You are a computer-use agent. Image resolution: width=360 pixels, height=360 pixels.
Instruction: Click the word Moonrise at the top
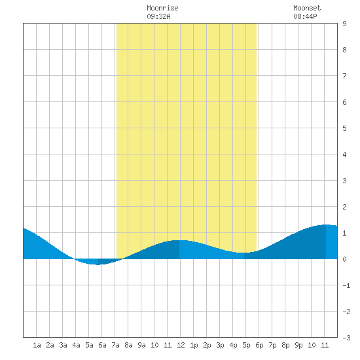[x=162, y=8]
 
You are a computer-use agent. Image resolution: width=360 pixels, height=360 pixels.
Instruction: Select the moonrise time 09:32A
[x=158, y=16]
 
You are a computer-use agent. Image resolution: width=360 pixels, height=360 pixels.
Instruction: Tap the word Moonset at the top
[x=307, y=8]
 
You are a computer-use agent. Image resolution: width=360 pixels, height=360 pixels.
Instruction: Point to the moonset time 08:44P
[x=306, y=16]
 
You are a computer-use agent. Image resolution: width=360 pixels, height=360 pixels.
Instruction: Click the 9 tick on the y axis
[x=344, y=24]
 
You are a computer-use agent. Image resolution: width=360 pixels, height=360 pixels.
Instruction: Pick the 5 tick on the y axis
[x=344, y=128]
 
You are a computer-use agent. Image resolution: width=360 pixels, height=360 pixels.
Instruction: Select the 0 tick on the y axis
[x=344, y=259]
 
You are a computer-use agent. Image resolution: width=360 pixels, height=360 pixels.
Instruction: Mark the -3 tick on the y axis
[x=346, y=338]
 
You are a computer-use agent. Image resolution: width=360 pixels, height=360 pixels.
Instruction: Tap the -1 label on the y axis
[x=346, y=285]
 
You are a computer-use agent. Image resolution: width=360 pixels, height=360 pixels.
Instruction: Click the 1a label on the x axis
[x=37, y=345]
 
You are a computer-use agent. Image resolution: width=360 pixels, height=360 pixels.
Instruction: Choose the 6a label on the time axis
[x=102, y=345]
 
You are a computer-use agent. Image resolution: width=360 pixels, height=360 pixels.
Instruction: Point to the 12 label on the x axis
[x=181, y=345]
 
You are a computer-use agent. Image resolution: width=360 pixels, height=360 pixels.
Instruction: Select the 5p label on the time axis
[x=246, y=345]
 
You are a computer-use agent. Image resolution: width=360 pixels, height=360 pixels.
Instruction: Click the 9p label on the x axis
[x=298, y=345]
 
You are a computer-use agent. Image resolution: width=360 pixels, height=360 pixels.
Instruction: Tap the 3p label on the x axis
[x=220, y=345]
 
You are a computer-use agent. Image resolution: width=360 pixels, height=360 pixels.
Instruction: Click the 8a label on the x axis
[x=128, y=345]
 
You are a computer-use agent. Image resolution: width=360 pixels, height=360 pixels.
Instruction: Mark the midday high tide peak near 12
[x=179, y=240]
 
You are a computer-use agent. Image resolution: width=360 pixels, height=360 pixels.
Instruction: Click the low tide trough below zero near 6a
[x=98, y=264]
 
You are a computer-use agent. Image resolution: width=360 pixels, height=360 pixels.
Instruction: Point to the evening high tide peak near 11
[x=326, y=225]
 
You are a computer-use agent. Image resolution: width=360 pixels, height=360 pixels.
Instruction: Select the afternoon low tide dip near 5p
[x=244, y=253]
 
